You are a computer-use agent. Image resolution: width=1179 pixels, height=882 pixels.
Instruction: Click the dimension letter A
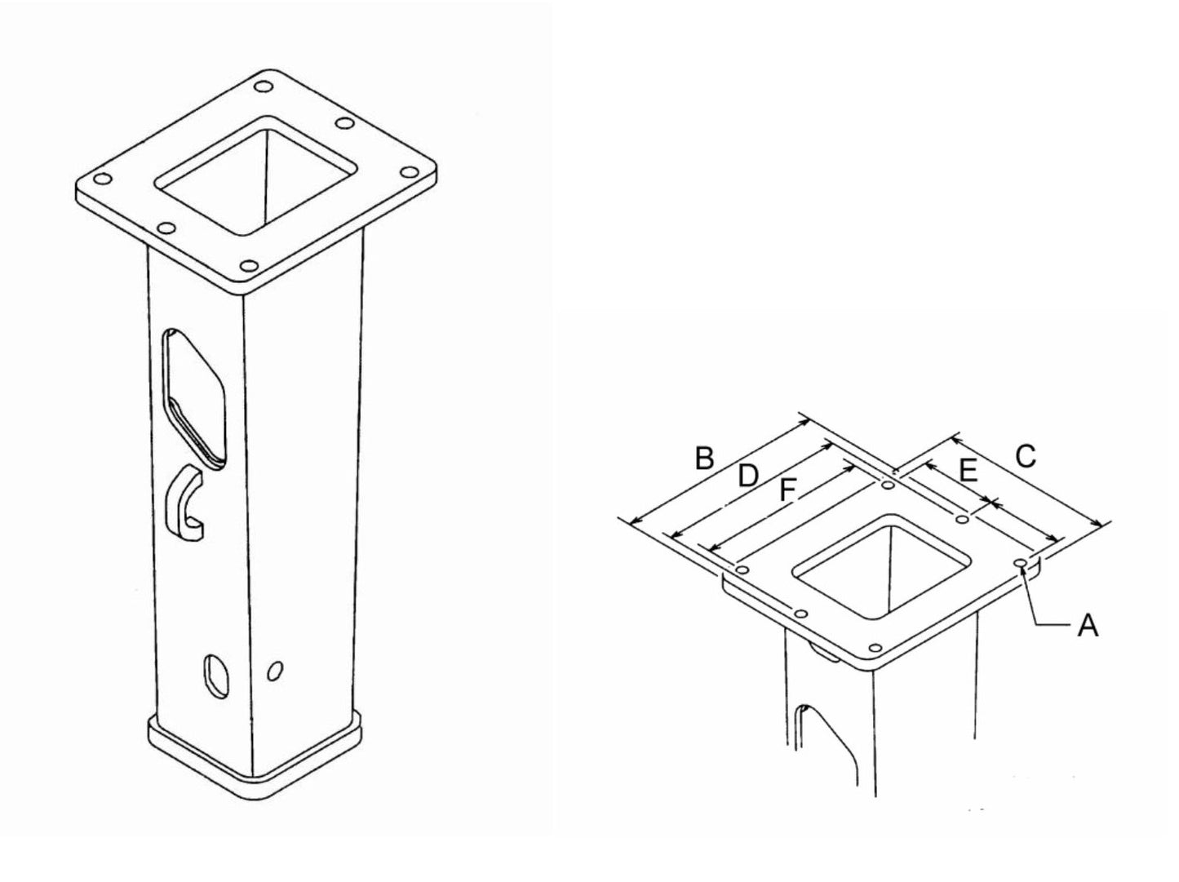(1087, 626)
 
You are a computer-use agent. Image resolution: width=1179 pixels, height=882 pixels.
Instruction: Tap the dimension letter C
(1025, 455)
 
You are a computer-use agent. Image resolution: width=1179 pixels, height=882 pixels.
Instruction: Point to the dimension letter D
(747, 475)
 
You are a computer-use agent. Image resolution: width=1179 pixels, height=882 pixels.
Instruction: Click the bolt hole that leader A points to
(1020, 563)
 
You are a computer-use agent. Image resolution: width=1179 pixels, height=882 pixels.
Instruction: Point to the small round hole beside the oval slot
(276, 671)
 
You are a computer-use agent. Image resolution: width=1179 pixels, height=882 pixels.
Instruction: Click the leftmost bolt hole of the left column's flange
(101, 180)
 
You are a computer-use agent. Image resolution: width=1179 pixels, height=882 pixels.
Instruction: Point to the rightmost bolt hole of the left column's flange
(407, 173)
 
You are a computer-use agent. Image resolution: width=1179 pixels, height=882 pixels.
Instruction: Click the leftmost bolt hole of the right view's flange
(742, 568)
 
